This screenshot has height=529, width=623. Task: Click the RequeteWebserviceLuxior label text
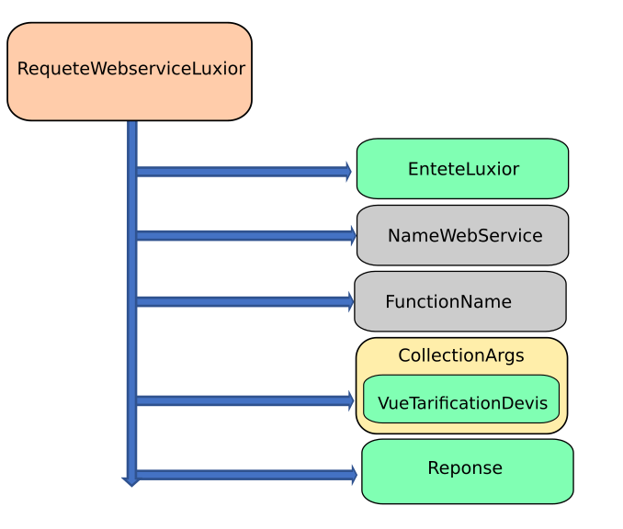(x=131, y=69)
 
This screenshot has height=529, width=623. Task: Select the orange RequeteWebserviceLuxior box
(x=130, y=72)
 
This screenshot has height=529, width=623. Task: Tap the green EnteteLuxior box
(x=462, y=168)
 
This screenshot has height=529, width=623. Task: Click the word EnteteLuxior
(x=463, y=169)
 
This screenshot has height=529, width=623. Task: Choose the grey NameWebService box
(x=462, y=235)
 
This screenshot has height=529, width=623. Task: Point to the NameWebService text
(x=465, y=235)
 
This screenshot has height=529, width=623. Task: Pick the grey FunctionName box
(x=460, y=301)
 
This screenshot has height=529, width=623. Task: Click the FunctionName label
(x=448, y=301)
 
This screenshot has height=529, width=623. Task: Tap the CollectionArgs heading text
(x=461, y=355)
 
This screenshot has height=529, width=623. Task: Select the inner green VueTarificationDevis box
(x=461, y=400)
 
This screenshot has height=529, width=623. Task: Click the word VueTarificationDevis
(x=462, y=403)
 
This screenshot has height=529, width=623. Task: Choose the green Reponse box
(x=467, y=471)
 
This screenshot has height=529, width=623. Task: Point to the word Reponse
(x=465, y=468)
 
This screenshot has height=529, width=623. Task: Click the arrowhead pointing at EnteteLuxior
(x=348, y=172)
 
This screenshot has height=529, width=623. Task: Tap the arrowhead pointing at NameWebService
(x=353, y=235)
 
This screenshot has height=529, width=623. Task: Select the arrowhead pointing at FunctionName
(x=350, y=301)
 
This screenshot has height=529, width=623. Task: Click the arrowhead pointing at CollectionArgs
(x=350, y=400)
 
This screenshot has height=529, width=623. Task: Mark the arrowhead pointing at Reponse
(x=354, y=475)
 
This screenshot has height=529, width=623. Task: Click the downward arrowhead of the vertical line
(x=131, y=482)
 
